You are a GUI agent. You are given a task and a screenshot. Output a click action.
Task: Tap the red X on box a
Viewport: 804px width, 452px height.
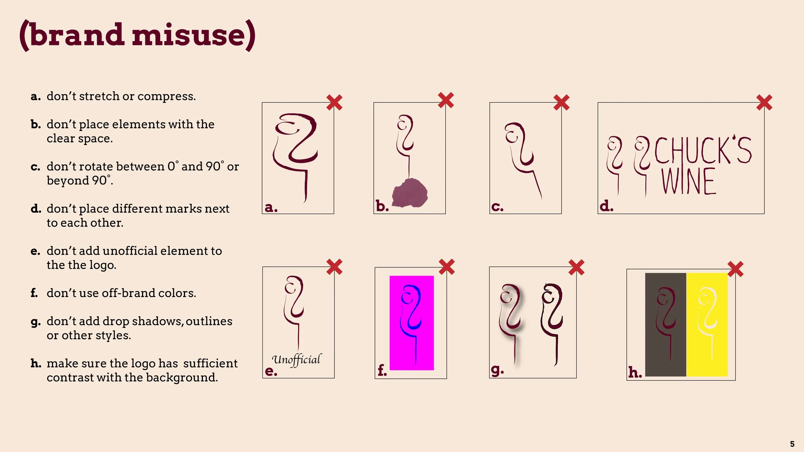coord(334,103)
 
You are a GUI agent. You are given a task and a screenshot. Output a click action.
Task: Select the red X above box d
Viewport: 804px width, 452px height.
coord(764,103)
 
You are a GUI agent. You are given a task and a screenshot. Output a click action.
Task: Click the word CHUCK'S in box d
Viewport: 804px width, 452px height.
coord(703,150)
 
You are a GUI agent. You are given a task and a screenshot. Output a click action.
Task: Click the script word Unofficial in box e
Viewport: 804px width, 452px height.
coord(296,359)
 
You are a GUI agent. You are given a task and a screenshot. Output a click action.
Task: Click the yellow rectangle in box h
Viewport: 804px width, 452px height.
coord(707,325)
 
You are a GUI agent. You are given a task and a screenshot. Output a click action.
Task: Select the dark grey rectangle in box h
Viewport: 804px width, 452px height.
coord(665,325)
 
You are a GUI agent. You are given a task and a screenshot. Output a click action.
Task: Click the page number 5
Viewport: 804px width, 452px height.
coord(792,444)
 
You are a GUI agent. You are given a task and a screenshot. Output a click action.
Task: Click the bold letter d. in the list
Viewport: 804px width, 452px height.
coord(36,209)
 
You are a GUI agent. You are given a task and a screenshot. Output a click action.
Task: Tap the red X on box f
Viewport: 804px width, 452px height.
coord(447,267)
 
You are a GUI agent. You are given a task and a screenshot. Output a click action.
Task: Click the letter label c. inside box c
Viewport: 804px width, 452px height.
coord(497,207)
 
